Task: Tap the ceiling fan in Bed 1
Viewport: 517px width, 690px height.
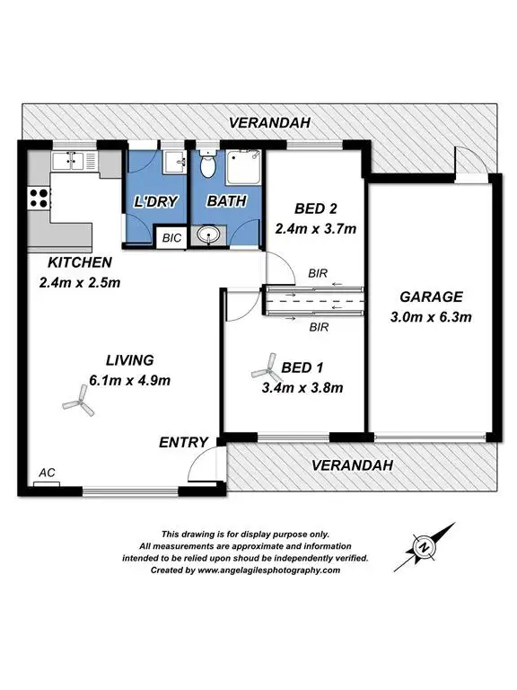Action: (x=265, y=366)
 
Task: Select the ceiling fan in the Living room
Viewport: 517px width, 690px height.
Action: (x=78, y=404)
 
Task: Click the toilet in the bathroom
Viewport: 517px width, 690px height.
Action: (x=207, y=164)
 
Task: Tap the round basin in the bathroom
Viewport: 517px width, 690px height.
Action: (x=209, y=236)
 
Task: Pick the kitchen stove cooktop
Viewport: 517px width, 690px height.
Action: (x=39, y=196)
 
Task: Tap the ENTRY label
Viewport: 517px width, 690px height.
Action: (x=183, y=442)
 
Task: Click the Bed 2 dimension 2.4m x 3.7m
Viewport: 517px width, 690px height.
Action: (x=315, y=228)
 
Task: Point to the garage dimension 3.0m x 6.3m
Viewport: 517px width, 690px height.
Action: (x=433, y=316)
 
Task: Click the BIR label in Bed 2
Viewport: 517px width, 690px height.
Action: (x=317, y=272)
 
